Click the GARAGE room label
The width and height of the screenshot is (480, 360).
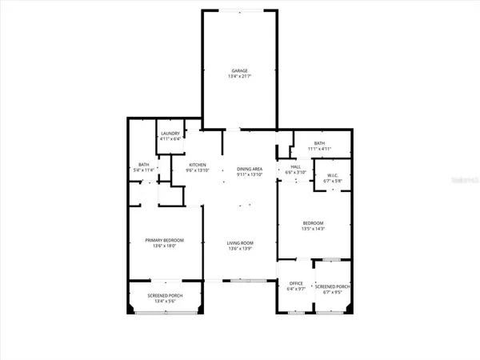click(x=240, y=71)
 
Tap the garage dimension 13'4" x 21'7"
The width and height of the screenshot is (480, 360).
click(x=240, y=78)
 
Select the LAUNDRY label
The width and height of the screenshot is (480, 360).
click(x=170, y=133)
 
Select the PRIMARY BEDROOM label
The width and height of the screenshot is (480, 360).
click(x=164, y=240)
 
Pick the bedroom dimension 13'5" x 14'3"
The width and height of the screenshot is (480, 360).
click(x=313, y=229)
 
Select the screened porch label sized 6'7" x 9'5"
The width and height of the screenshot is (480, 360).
click(x=330, y=286)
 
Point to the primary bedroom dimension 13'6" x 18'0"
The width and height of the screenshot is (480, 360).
click(x=164, y=246)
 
